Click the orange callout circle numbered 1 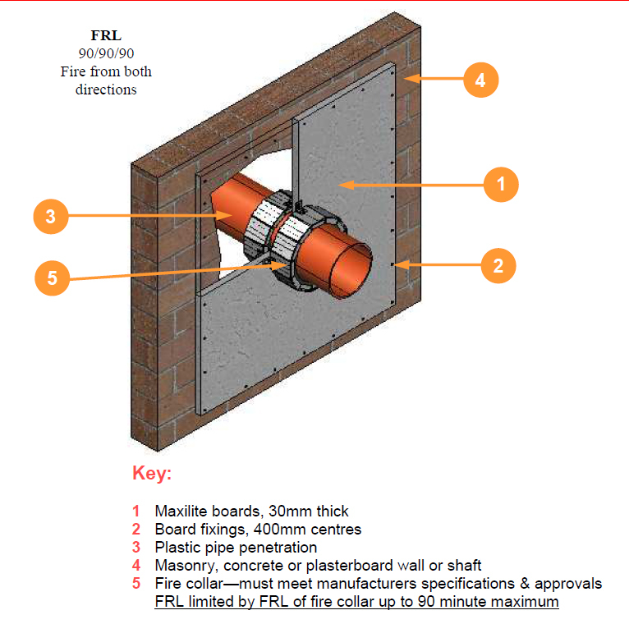point(501,184)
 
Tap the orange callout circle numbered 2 point(498,265)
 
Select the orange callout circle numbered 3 point(51,217)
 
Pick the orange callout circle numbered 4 point(480,80)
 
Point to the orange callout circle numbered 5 point(53,278)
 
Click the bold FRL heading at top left point(106,35)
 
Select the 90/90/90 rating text point(106,53)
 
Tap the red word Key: point(152,475)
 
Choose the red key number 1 point(136,512)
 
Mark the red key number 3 point(136,548)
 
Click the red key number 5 point(136,584)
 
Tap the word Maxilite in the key point(181,512)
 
